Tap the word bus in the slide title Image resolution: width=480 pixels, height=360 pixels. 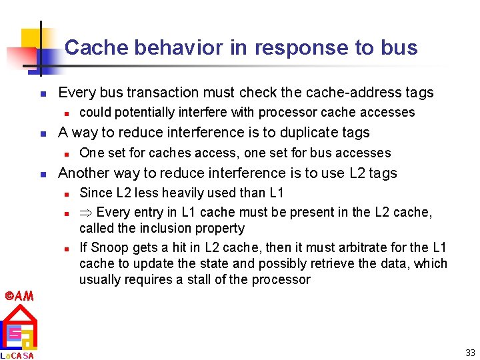[400, 48]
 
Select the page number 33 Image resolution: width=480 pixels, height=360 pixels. [470, 353]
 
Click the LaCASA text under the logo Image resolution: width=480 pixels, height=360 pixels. [17, 355]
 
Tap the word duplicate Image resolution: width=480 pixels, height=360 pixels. [311, 132]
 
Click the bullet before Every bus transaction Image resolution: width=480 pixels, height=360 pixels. [42, 93]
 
